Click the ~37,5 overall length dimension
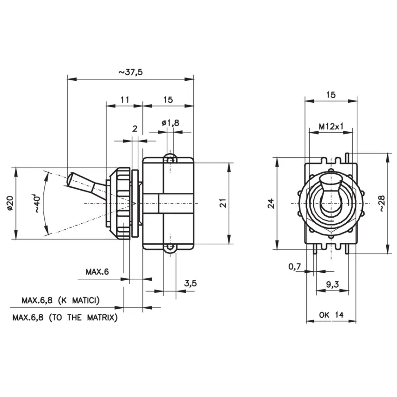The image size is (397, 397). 131,72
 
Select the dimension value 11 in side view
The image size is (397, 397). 125,100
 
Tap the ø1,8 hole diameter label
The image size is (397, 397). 170,123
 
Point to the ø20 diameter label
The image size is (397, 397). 10,203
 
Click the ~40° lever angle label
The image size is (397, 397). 36,203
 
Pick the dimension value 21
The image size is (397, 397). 223,203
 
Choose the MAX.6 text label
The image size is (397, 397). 97,272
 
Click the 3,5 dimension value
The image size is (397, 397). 190,284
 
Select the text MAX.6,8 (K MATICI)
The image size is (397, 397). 61,300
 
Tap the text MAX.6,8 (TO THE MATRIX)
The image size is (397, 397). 65,318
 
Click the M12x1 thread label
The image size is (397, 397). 331,126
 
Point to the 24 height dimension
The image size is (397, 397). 271,204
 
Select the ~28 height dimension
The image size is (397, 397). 383,203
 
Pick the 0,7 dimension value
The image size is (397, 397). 295,266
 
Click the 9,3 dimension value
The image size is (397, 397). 332,284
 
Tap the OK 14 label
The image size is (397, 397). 331,315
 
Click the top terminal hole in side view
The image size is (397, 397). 170,160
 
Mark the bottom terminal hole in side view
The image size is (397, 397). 170,247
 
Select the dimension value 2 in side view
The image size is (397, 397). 135,128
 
